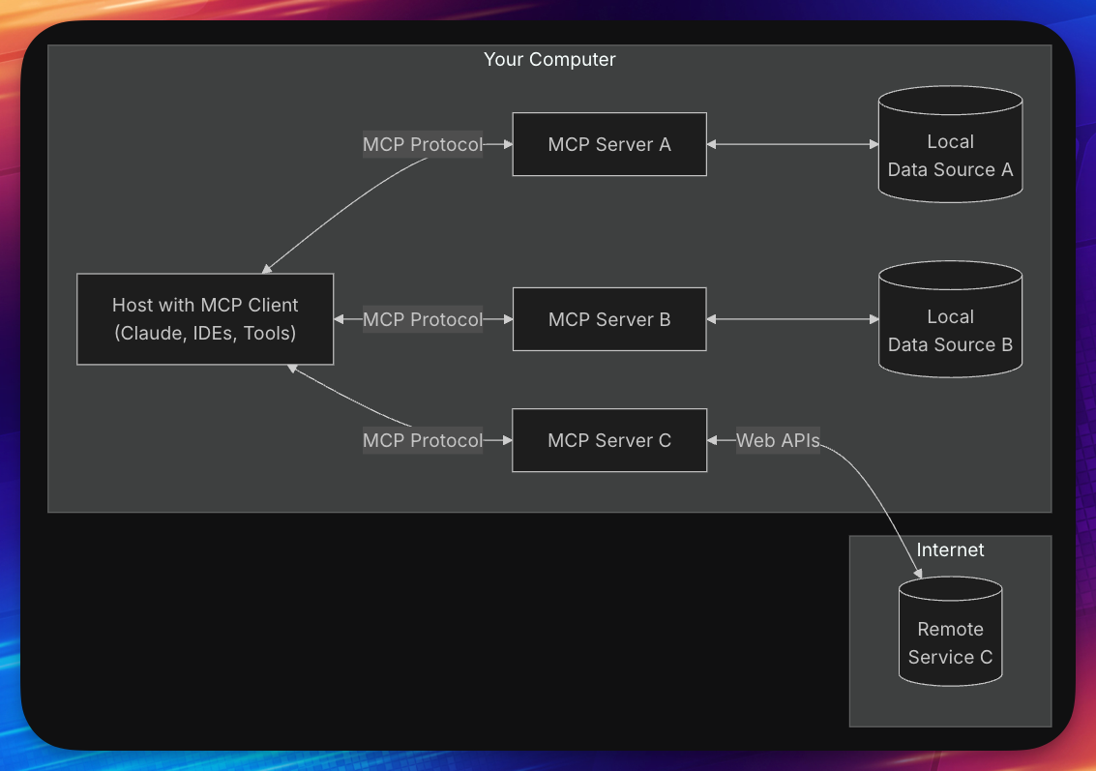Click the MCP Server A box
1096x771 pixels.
[x=609, y=144]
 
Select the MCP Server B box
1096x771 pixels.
[x=609, y=319]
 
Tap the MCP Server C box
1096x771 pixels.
[x=609, y=440]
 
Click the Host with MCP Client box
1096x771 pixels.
[x=205, y=319]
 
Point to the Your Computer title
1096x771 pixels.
[x=549, y=60]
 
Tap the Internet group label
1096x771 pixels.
[x=950, y=549]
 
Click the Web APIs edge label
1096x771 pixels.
[x=778, y=440]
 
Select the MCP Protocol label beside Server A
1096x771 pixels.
[x=423, y=144]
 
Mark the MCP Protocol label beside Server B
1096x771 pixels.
[x=423, y=319]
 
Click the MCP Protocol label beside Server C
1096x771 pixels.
[x=423, y=440]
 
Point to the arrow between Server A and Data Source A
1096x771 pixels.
[x=792, y=144]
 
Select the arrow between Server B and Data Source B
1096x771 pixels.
[x=792, y=319]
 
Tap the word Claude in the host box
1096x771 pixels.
[x=147, y=334]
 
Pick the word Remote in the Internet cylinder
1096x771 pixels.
[x=950, y=629]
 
